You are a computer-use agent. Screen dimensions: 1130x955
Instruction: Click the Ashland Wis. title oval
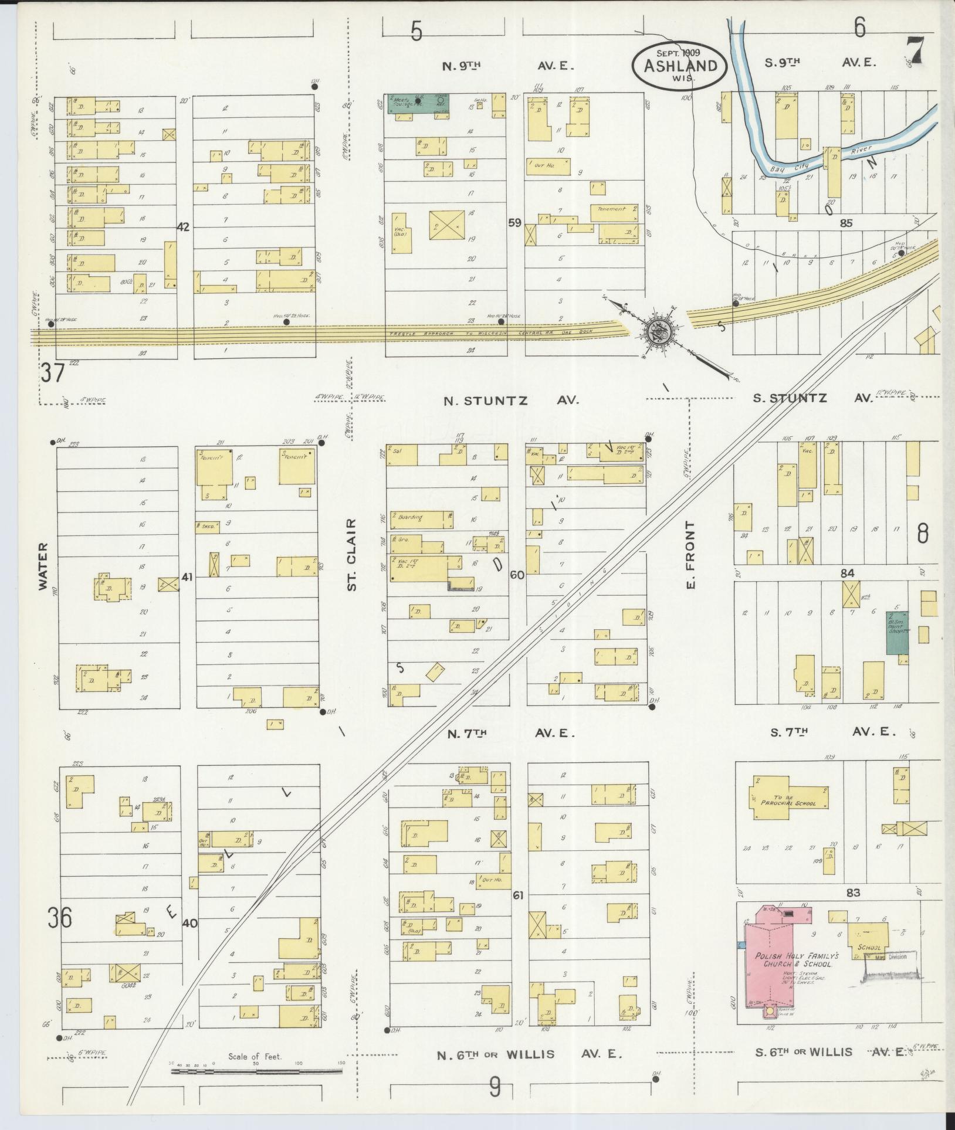(679, 65)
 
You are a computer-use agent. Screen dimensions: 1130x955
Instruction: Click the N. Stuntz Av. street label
(510, 401)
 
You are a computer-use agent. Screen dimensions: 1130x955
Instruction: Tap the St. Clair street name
(351, 554)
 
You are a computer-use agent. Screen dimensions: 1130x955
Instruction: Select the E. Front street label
(690, 555)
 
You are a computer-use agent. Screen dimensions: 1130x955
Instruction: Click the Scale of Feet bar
(256, 1071)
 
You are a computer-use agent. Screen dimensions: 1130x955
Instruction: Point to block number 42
(184, 227)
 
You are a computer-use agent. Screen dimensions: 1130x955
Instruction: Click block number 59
(516, 222)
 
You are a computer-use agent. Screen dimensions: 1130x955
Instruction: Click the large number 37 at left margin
(52, 372)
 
